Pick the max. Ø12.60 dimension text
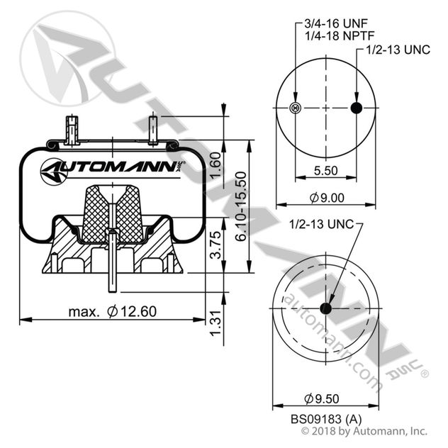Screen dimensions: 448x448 113,310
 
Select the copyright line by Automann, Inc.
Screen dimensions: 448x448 364,430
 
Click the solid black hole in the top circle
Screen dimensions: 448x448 356,108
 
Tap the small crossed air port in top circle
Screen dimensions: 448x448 296,108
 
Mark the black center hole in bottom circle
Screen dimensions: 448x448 326,308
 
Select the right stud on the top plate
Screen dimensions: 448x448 152,130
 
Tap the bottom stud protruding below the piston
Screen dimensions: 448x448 112,273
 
